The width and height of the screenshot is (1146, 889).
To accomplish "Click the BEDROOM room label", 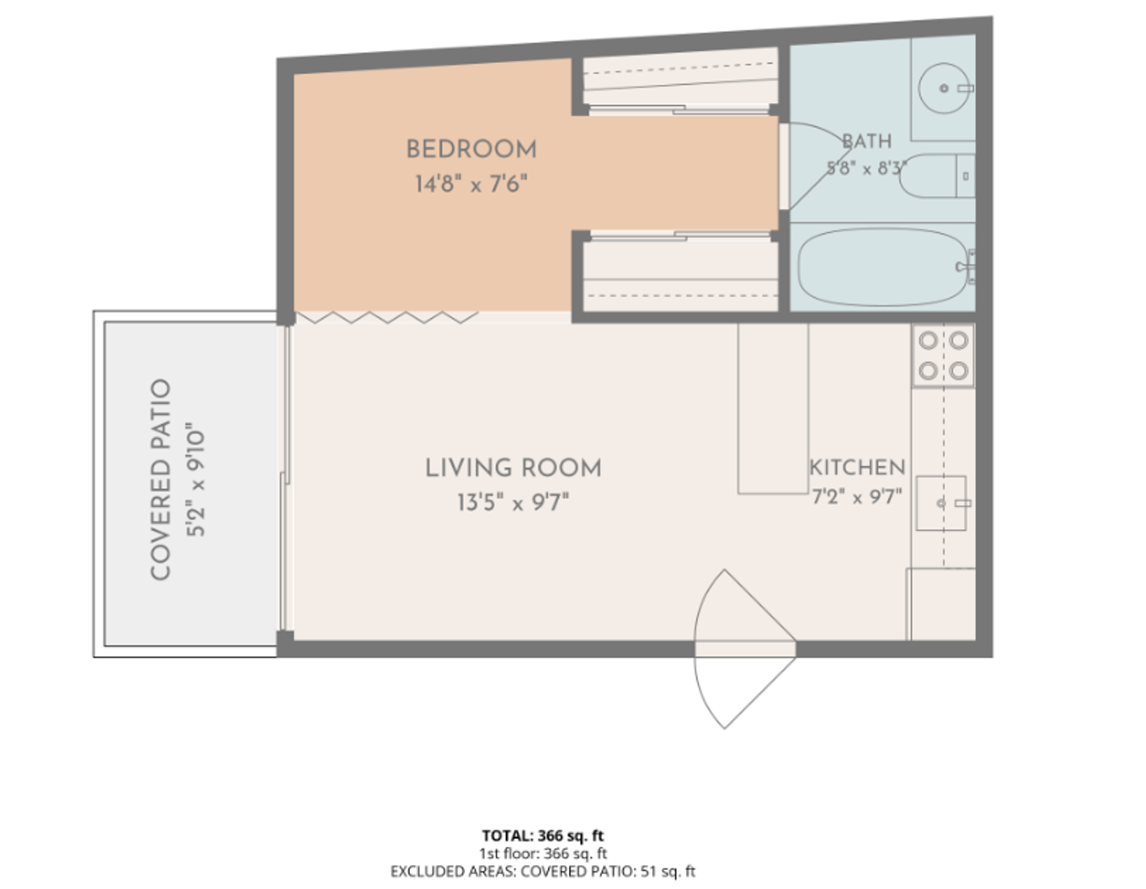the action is (472, 150).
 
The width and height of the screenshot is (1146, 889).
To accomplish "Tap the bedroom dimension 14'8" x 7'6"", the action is (471, 184).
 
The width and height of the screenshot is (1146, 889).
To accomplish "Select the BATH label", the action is (867, 142).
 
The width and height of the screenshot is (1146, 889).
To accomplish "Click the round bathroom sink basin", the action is (943, 89).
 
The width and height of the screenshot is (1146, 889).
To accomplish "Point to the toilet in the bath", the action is (937, 176).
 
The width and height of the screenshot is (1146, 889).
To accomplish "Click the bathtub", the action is (884, 267).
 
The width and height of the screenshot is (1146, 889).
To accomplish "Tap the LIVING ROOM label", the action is (513, 468).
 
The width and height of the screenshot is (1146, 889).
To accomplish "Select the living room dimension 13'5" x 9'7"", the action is (513, 502).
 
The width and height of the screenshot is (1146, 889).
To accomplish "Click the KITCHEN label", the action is (858, 468).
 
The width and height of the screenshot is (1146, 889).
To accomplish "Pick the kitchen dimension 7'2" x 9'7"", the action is (857, 496).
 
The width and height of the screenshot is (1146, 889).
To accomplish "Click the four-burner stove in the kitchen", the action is (943, 356).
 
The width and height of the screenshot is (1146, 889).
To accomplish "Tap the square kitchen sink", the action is (941, 503).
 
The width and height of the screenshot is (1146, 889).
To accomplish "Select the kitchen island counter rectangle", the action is (773, 408).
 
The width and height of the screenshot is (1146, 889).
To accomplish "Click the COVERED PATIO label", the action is (161, 480).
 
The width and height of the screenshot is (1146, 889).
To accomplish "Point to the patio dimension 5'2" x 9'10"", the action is (196, 480).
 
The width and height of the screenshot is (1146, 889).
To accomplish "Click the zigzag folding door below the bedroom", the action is (387, 317).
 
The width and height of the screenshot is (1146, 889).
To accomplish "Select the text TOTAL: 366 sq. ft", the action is (543, 835).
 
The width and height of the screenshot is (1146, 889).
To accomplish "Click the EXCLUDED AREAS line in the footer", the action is (543, 872).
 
